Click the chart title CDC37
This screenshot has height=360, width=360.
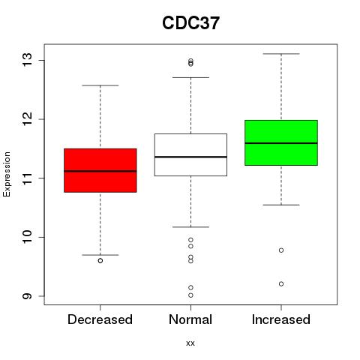click(190, 23)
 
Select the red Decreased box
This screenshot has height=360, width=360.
click(100, 170)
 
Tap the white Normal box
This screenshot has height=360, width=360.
click(190, 154)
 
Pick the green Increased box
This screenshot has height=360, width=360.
click(281, 142)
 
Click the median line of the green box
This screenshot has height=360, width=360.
click(281, 143)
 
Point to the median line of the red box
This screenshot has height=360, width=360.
click(100, 171)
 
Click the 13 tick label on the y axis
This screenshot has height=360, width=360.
click(28, 60)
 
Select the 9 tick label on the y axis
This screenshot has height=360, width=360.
click(28, 296)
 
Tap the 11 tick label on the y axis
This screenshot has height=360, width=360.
click(28, 178)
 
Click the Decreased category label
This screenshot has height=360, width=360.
click(100, 319)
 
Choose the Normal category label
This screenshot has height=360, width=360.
click(190, 319)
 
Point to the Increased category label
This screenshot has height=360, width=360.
click(281, 319)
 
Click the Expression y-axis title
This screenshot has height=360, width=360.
click(7, 174)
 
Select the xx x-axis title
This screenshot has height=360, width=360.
click(190, 343)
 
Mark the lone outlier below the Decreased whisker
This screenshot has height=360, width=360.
click(100, 261)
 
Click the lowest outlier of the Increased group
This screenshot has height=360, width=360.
click(281, 284)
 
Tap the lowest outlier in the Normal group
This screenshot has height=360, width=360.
click(190, 295)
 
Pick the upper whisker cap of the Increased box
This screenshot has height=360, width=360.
click(281, 54)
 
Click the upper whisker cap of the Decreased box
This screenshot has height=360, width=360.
click(100, 85)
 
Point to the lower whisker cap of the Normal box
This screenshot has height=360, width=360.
click(190, 227)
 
